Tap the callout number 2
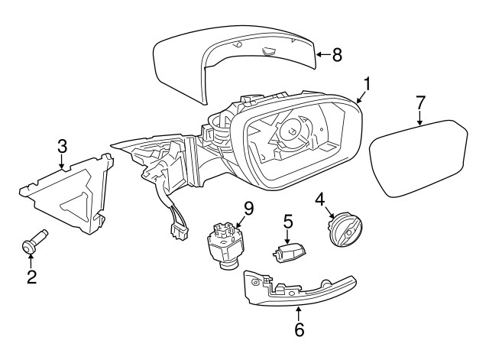[31, 277]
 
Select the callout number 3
[62, 146]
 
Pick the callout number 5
[288, 222]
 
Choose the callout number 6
[299, 329]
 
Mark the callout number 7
[419, 102]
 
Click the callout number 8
[337, 54]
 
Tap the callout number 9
[248, 207]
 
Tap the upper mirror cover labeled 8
[229, 65]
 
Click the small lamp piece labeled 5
[290, 251]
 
